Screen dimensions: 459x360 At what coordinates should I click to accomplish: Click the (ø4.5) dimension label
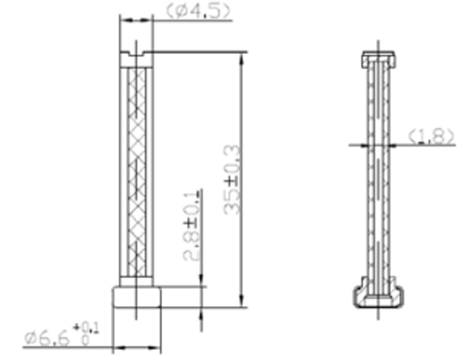[x=198, y=11]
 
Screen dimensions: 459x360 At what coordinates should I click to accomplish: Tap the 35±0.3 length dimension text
[x=232, y=180]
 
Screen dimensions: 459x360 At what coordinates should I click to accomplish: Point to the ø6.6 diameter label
[x=47, y=338]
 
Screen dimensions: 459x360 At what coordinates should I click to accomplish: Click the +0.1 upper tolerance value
[x=86, y=328]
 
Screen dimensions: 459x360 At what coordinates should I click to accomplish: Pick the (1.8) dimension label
[x=431, y=136]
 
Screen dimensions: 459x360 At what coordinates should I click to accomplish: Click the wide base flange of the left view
[x=137, y=297]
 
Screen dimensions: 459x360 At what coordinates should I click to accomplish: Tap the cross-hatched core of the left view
[x=137, y=172]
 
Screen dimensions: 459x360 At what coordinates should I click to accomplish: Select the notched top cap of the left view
[x=136, y=59]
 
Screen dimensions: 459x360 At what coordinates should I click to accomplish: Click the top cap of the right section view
[x=379, y=59]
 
